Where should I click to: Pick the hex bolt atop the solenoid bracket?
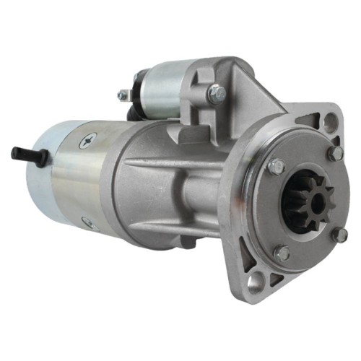(214, 92)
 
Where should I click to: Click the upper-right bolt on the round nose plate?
(334, 153)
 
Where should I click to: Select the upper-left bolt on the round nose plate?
(276, 168)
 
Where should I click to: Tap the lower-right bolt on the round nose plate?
(340, 235)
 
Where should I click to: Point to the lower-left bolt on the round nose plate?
(282, 253)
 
